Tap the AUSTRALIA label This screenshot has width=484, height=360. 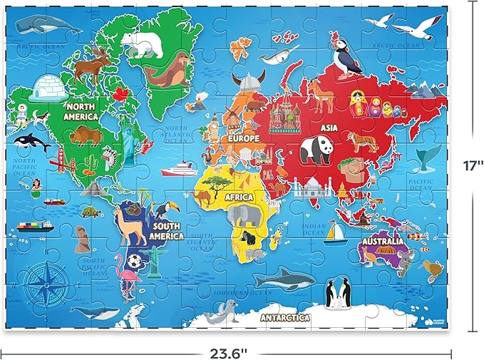tap(384, 242)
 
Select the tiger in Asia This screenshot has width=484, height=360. tap(362, 142)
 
